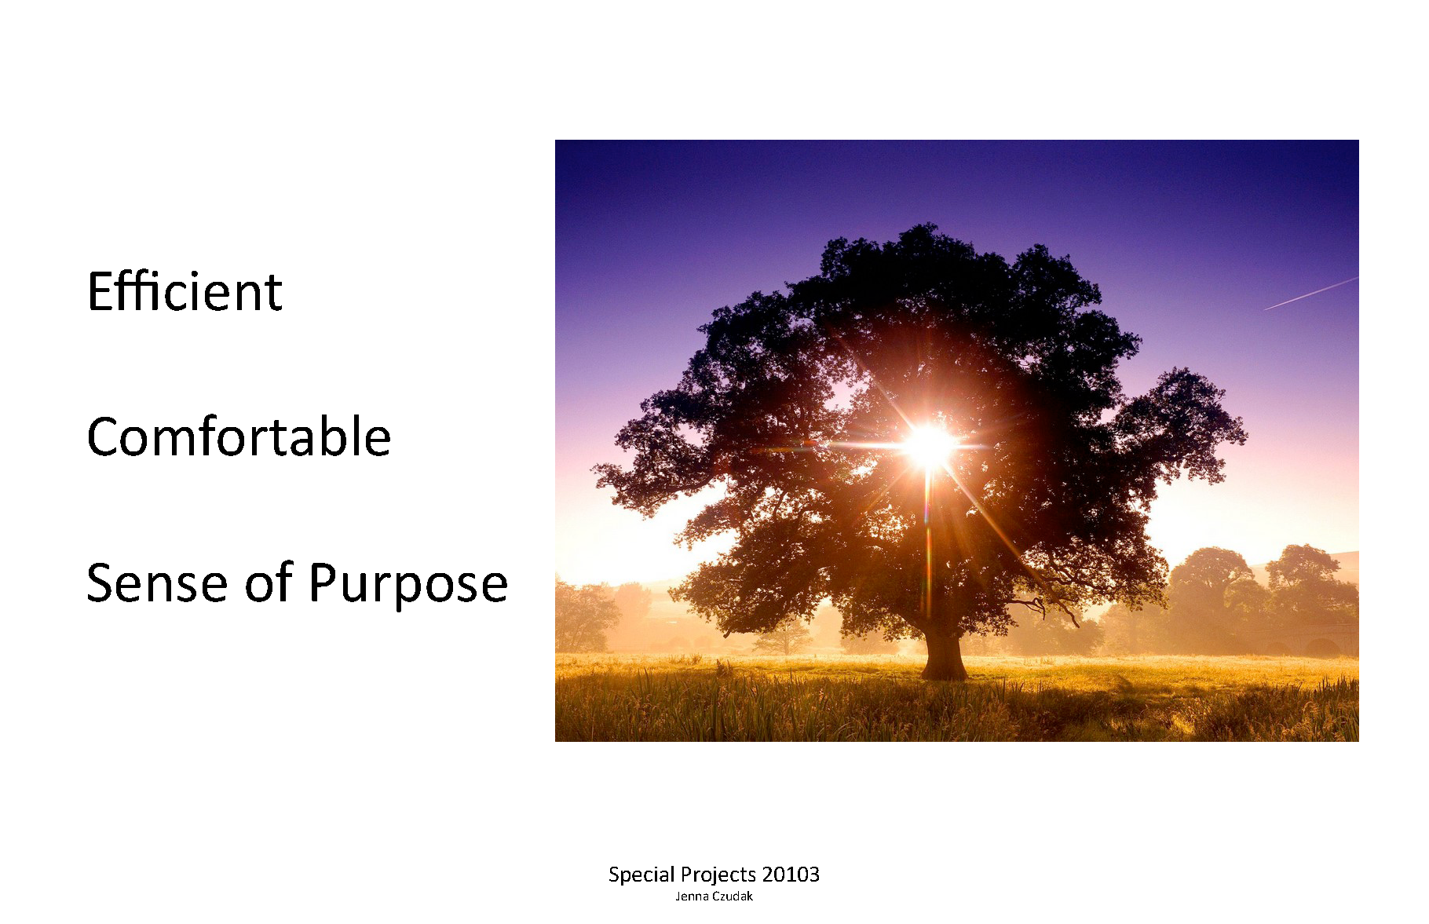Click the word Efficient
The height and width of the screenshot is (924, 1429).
(185, 291)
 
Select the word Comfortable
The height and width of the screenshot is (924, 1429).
(239, 436)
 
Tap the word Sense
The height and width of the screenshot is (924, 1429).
(157, 583)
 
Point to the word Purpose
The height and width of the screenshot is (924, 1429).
(408, 586)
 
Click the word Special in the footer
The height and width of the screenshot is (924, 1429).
(641, 875)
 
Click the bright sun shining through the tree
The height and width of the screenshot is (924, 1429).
(929, 444)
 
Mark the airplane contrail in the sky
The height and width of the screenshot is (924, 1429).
(1310, 294)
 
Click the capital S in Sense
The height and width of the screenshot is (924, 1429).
(101, 583)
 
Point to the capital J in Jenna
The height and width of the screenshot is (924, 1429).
(678, 897)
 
